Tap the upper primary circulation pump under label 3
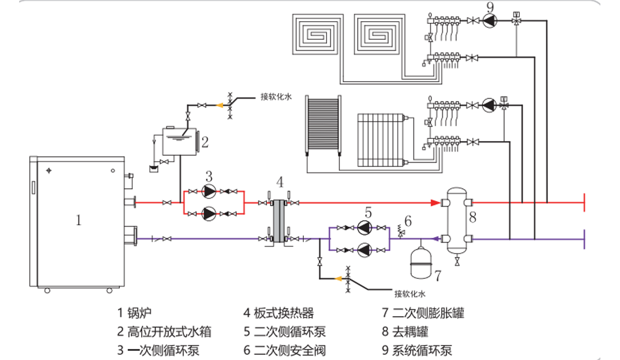[209, 192]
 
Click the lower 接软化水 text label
[409, 294]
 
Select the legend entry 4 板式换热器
[278, 313]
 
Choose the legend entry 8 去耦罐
[405, 332]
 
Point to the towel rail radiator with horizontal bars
[323, 124]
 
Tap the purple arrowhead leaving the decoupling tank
[436, 238]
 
